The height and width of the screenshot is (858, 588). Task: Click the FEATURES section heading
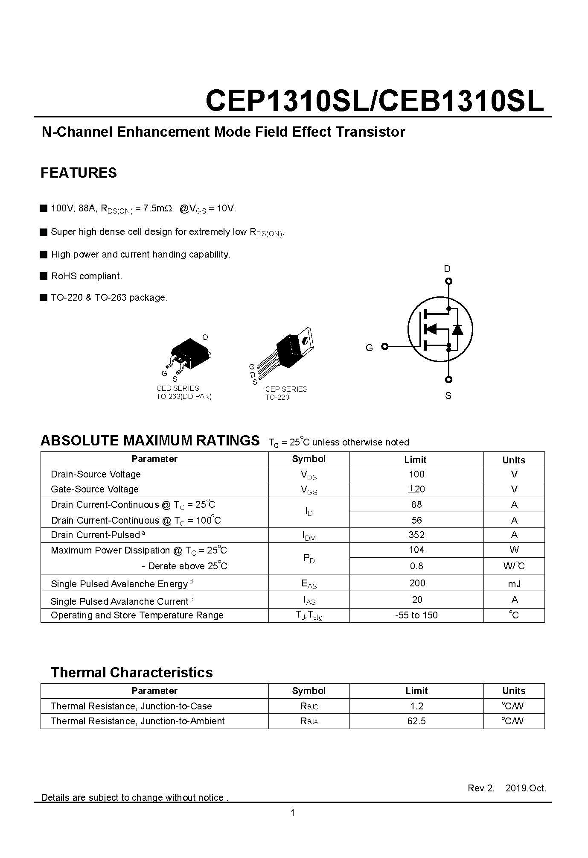pyautogui.click(x=79, y=173)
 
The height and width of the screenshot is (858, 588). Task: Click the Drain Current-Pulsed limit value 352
pyautogui.click(x=416, y=535)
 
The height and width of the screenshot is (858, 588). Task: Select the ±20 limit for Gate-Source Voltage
pyautogui.click(x=416, y=489)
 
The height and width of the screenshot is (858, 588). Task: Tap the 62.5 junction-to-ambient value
pyautogui.click(x=416, y=721)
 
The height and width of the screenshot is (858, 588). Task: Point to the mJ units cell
pyautogui.click(x=514, y=584)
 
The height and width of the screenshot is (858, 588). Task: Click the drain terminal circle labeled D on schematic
pyautogui.click(x=448, y=281)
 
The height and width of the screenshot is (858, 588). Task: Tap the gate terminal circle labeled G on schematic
pyautogui.click(x=384, y=346)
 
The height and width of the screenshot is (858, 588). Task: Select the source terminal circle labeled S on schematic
pyautogui.click(x=448, y=380)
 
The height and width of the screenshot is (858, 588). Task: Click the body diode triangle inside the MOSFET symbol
pyautogui.click(x=457, y=329)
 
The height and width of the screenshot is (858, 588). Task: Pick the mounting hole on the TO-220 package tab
pyautogui.click(x=305, y=340)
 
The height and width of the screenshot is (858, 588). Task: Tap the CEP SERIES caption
pyautogui.click(x=286, y=389)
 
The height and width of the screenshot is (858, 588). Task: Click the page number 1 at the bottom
pyautogui.click(x=293, y=813)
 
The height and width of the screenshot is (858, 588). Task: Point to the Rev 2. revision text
pyautogui.click(x=481, y=788)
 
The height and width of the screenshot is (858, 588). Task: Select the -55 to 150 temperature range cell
pyautogui.click(x=416, y=615)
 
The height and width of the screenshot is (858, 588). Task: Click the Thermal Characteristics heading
pyautogui.click(x=132, y=673)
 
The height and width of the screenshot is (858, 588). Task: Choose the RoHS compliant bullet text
pyautogui.click(x=87, y=276)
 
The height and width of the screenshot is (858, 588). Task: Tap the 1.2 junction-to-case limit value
pyautogui.click(x=416, y=706)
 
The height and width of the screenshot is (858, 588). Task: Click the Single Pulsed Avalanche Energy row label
pyautogui.click(x=119, y=584)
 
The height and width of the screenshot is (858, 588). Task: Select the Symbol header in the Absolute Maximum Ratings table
pyautogui.click(x=309, y=459)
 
